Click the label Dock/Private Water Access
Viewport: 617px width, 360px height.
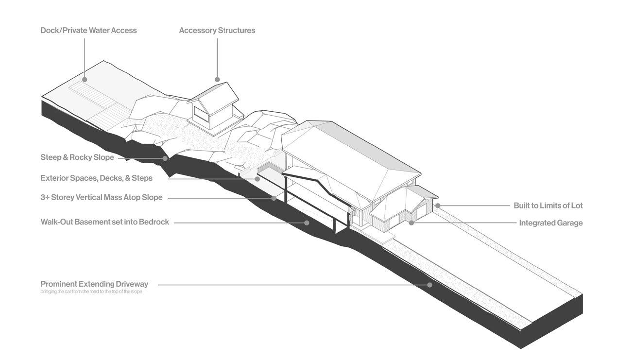pyautogui.click(x=88, y=30)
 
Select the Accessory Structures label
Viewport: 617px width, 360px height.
pyautogui.click(x=217, y=30)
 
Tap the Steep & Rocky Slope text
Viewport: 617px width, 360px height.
pyautogui.click(x=77, y=157)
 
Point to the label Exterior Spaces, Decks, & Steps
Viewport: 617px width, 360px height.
pyautogui.click(x=96, y=178)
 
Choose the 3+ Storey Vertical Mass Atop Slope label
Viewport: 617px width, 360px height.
pyautogui.click(x=101, y=197)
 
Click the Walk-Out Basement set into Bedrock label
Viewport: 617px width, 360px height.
pyautogui.click(x=104, y=222)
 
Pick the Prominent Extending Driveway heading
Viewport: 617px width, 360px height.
pyautogui.click(x=94, y=284)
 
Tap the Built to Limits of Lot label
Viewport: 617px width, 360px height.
pyautogui.click(x=548, y=206)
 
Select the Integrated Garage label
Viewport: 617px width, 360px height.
pyautogui.click(x=550, y=223)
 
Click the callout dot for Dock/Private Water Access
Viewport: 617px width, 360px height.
pyautogui.click(x=85, y=79)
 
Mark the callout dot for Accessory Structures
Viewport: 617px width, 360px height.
pyautogui.click(x=217, y=79)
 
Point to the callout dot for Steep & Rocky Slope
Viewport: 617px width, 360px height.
pyautogui.click(x=165, y=158)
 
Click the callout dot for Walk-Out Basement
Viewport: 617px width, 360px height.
pyautogui.click(x=307, y=223)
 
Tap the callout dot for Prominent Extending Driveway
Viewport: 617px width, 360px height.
pyautogui.click(x=429, y=285)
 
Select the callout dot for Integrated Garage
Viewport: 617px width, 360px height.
pyautogui.click(x=411, y=223)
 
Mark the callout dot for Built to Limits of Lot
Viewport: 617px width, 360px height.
pyautogui.click(x=437, y=206)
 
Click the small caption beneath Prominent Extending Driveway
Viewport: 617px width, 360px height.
pyautogui.click(x=91, y=291)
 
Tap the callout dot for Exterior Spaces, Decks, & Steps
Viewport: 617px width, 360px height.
pyautogui.click(x=258, y=179)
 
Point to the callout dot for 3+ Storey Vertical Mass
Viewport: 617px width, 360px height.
pyautogui.click(x=274, y=198)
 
